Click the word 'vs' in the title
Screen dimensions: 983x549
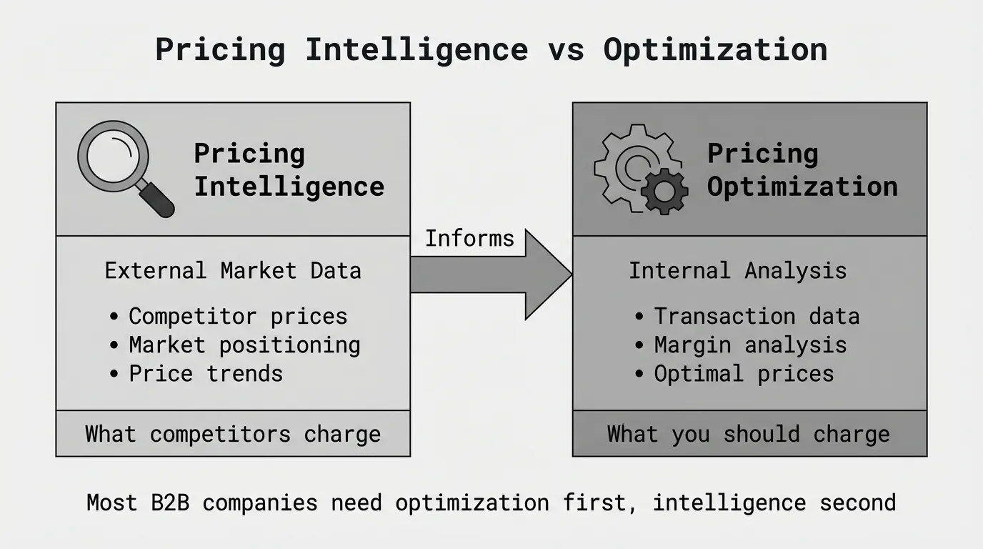pos(566,50)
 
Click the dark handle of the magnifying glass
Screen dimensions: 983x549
pos(157,200)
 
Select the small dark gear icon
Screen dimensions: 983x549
pos(664,192)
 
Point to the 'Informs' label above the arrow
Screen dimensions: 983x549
pos(469,239)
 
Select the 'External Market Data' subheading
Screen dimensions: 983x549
pos(233,270)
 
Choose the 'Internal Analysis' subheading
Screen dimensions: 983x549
pos(738,270)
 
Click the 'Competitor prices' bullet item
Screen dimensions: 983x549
pos(229,316)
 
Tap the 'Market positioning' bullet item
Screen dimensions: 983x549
pos(235,345)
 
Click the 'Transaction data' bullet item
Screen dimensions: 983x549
pos(747,316)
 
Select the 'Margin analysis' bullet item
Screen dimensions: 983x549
pos(741,345)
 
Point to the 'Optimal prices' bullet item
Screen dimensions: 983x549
pos(734,374)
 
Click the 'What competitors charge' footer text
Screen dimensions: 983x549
pos(233,435)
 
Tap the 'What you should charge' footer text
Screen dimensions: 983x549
pos(749,435)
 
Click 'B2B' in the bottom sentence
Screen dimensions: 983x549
pos(170,503)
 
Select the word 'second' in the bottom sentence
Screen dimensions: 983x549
pos(858,503)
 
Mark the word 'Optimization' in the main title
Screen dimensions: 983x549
pos(716,50)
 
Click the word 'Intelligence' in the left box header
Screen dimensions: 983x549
pos(289,187)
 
